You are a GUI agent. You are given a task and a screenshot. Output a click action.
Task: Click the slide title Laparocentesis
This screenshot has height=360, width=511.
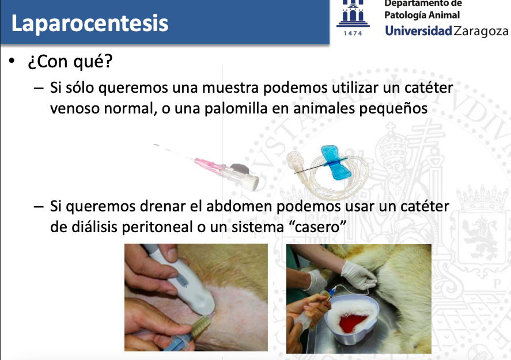click(x=90, y=24)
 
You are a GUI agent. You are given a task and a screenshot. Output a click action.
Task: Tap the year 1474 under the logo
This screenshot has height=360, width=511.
click(x=353, y=33)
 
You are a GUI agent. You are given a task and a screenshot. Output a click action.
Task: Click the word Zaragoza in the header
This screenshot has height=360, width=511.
click(x=480, y=31)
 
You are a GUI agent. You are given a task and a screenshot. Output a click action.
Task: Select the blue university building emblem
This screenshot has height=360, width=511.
click(x=353, y=14)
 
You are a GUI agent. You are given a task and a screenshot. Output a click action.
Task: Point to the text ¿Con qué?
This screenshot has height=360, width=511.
click(x=70, y=61)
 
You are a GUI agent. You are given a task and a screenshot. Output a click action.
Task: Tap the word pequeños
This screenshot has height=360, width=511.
click(x=393, y=108)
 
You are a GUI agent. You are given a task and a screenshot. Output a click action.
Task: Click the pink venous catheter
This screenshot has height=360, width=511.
click(x=209, y=166)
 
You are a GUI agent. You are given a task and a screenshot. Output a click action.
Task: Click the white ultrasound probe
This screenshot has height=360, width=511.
click(x=183, y=280)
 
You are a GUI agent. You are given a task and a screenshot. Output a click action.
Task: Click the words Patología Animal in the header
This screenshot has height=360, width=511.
click(x=422, y=15)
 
